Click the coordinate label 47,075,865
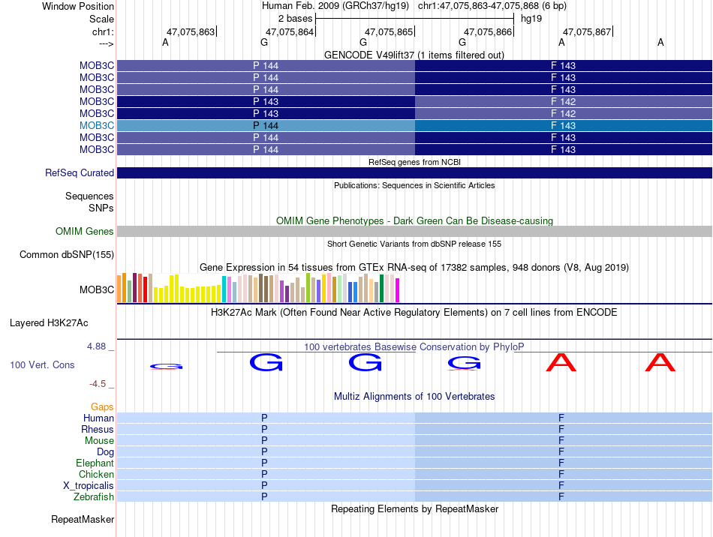coord(389,31)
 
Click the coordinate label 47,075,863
coord(191,31)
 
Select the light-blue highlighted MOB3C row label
coord(97,125)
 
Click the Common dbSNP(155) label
coord(67,255)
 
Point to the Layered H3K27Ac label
coord(49,323)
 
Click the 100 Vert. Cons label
coord(42,364)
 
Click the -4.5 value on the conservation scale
coord(98,384)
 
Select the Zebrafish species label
coord(94,497)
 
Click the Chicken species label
coord(96,475)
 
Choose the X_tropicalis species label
coord(89,486)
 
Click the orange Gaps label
coord(102,407)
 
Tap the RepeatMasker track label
coord(83,519)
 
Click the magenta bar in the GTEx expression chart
coord(398,290)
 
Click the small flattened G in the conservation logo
coord(166,367)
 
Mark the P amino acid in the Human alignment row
coord(264,418)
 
